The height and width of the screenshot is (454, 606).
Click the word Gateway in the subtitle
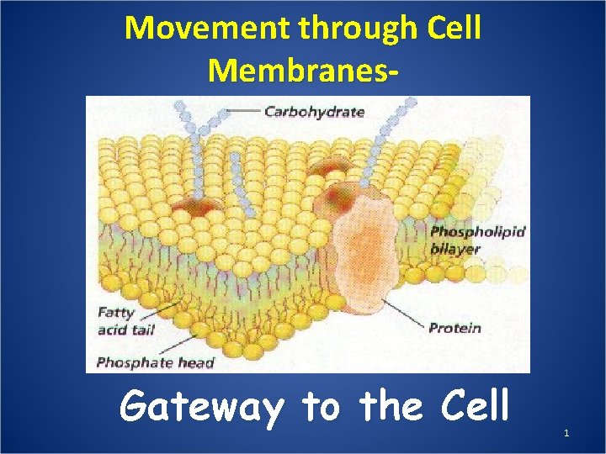(x=201, y=408)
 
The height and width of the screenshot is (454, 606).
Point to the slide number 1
(x=566, y=433)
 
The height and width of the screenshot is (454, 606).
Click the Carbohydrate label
(x=314, y=111)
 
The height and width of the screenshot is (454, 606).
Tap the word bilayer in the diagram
(x=454, y=249)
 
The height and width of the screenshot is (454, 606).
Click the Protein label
(x=454, y=327)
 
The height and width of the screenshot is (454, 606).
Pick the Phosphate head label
(x=156, y=363)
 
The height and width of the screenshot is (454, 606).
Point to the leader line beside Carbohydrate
(x=243, y=111)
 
